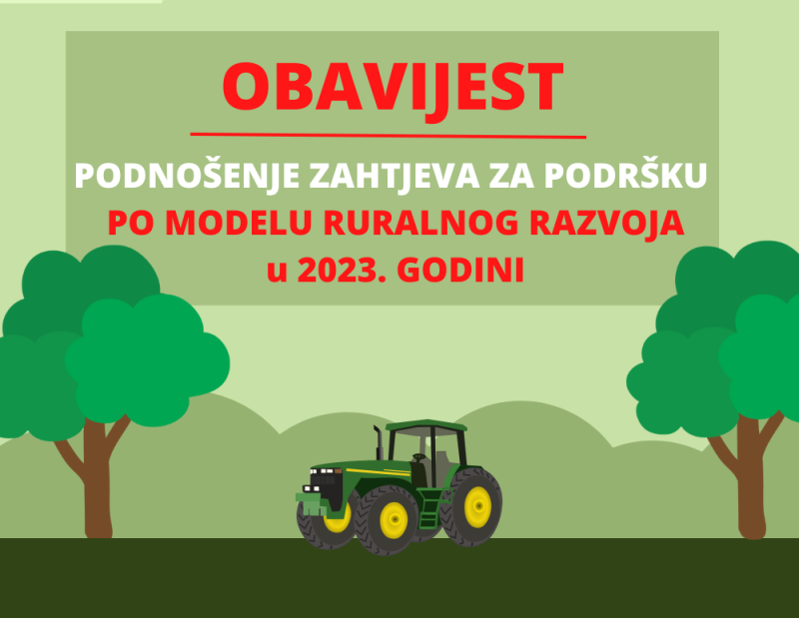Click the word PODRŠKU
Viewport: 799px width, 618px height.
pyautogui.click(x=626, y=176)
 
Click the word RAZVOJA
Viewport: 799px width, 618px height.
pyautogui.click(x=607, y=223)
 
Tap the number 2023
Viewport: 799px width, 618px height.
pyautogui.click(x=342, y=270)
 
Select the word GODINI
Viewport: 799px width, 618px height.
pyautogui.click(x=460, y=270)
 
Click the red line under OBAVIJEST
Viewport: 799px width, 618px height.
pyautogui.click(x=389, y=136)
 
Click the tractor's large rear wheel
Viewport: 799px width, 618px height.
pyautogui.click(x=471, y=507)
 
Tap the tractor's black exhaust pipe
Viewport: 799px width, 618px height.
pyautogui.click(x=379, y=443)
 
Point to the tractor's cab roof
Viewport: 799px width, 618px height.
pyautogui.click(x=426, y=425)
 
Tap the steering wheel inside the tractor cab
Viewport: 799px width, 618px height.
pyautogui.click(x=418, y=457)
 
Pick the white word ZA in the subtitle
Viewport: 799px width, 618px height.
pyautogui.click(x=511, y=176)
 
